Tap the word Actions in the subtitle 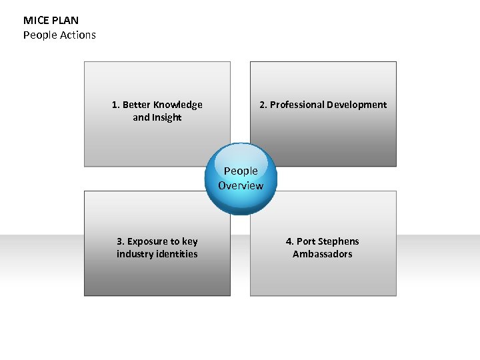click(x=79, y=35)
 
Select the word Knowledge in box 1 click(x=178, y=105)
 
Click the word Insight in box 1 click(x=167, y=117)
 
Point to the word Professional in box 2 click(x=297, y=105)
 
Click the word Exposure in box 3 click(x=149, y=241)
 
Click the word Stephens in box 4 click(x=338, y=241)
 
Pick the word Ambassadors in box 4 click(x=323, y=254)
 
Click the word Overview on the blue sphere click(x=241, y=185)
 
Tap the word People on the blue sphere click(x=241, y=171)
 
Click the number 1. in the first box click(x=116, y=105)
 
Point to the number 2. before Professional click(x=263, y=105)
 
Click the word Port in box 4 click(x=306, y=241)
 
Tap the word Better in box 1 click(x=137, y=105)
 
